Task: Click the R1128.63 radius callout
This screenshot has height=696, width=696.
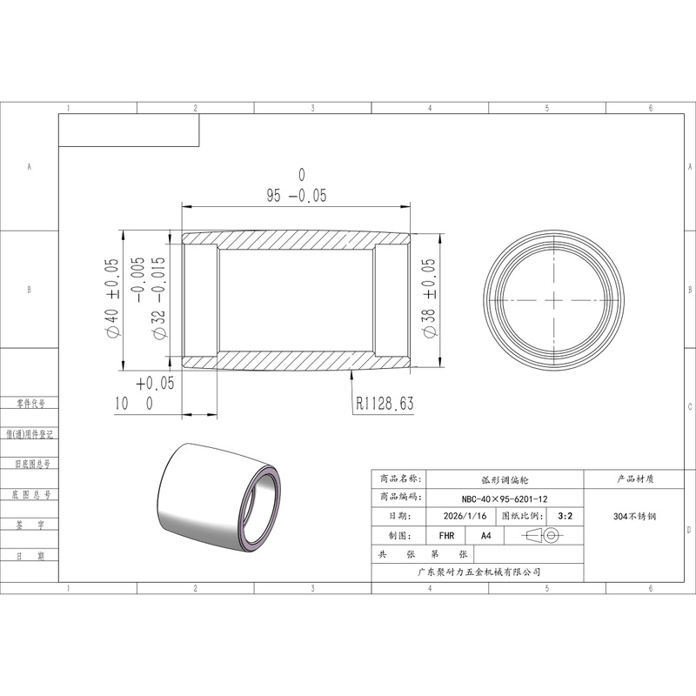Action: click(385, 403)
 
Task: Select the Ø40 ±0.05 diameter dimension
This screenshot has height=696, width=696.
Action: click(112, 298)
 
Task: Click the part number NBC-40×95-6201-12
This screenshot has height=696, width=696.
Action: click(505, 499)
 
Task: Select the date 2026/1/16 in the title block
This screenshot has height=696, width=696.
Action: click(465, 516)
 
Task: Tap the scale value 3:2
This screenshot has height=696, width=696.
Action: click(565, 516)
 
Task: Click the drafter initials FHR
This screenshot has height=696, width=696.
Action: click(446, 536)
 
